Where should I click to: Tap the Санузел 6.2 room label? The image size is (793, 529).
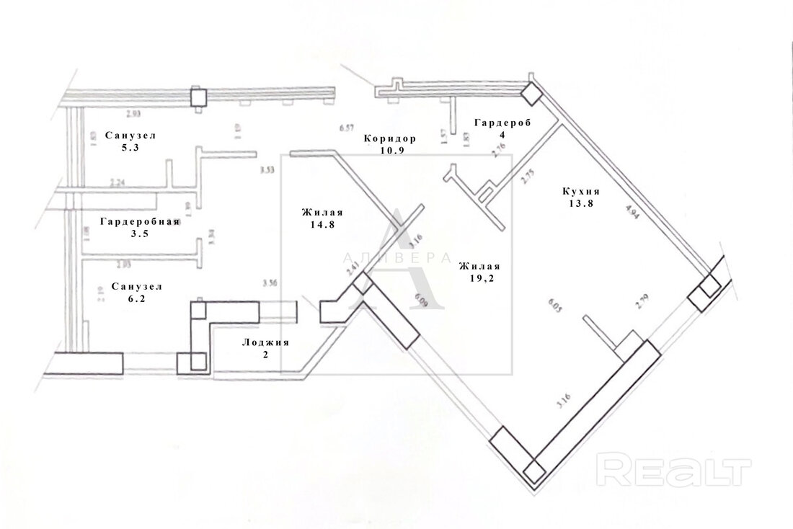click(x=136, y=292)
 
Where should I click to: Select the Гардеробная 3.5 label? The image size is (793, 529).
click(x=139, y=227)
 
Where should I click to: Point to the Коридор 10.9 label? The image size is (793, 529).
click(x=390, y=144)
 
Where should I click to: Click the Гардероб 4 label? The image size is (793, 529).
click(x=502, y=128)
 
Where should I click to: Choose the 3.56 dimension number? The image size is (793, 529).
click(x=271, y=283)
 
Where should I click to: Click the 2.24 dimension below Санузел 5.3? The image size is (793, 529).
click(x=118, y=182)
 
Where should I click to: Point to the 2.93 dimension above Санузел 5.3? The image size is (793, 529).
click(x=134, y=114)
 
